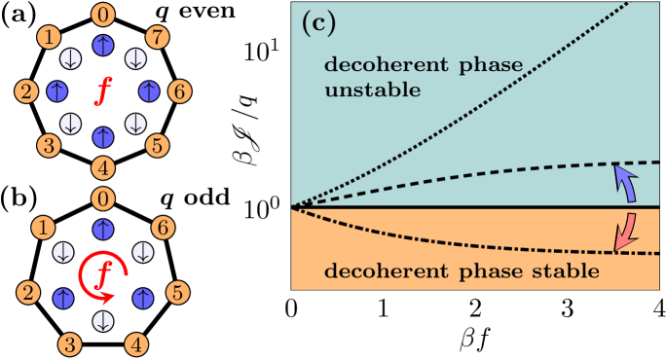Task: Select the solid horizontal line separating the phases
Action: click(x=438, y=207)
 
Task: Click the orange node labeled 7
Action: click(x=157, y=38)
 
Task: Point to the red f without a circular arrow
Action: click(x=101, y=92)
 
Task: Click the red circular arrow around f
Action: click(x=101, y=276)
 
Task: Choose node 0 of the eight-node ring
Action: click(x=102, y=16)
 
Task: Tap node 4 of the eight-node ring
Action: click(x=102, y=166)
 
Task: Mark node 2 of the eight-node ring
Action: click(x=26, y=92)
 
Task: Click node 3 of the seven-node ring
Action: click(x=71, y=342)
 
